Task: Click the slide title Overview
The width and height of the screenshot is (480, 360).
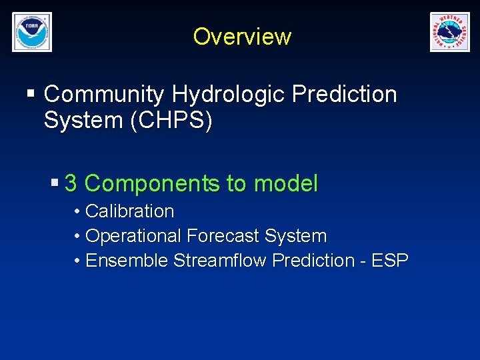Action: (242, 36)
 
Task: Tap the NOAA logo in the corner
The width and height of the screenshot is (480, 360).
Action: (31, 32)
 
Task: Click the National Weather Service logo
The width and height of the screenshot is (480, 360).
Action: (449, 32)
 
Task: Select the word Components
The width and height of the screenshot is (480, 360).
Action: (153, 183)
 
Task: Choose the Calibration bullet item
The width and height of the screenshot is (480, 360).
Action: (129, 211)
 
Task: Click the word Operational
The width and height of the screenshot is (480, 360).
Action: (133, 236)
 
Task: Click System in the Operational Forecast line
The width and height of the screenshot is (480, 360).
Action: (295, 236)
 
